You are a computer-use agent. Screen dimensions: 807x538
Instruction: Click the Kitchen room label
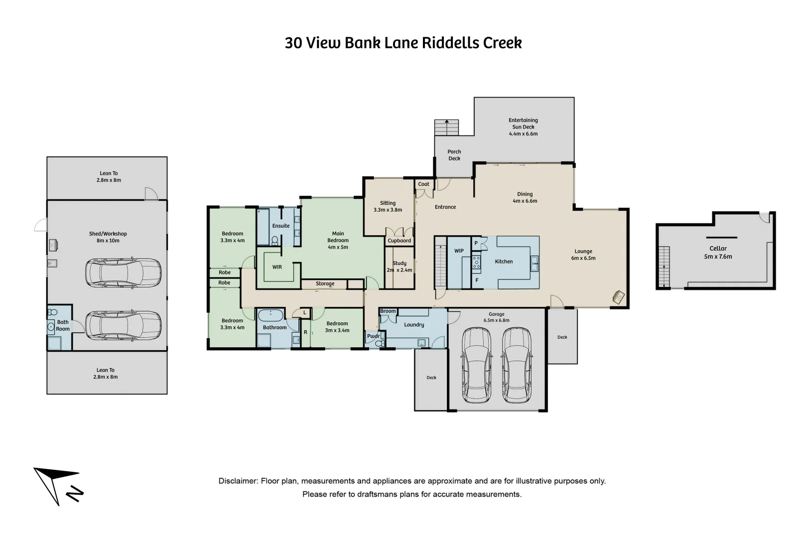point(503,262)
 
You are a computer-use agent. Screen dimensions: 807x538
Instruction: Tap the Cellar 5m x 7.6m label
point(718,252)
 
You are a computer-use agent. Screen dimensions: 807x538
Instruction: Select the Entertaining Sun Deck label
point(523,127)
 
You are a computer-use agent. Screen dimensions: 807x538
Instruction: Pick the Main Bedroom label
point(338,240)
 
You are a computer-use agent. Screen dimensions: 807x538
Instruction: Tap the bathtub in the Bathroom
point(270,315)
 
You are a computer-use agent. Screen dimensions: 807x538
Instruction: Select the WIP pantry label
point(459,251)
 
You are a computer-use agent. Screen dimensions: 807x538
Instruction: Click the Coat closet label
point(423,184)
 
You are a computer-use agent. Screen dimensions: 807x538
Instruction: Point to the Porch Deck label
point(454,155)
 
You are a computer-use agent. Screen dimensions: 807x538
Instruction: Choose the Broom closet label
point(388,311)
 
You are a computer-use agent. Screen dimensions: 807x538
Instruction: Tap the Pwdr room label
point(373,336)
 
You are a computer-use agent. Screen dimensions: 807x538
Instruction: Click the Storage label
point(325,283)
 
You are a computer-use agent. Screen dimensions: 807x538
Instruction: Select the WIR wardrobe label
point(277,267)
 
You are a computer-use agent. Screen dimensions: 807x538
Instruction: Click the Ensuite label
point(280,226)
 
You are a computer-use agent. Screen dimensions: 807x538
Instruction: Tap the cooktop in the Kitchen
point(476,262)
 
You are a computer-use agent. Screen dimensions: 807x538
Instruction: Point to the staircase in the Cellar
point(664,267)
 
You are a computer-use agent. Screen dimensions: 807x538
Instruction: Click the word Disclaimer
point(238,481)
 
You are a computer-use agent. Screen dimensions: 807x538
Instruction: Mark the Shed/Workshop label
point(108,237)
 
